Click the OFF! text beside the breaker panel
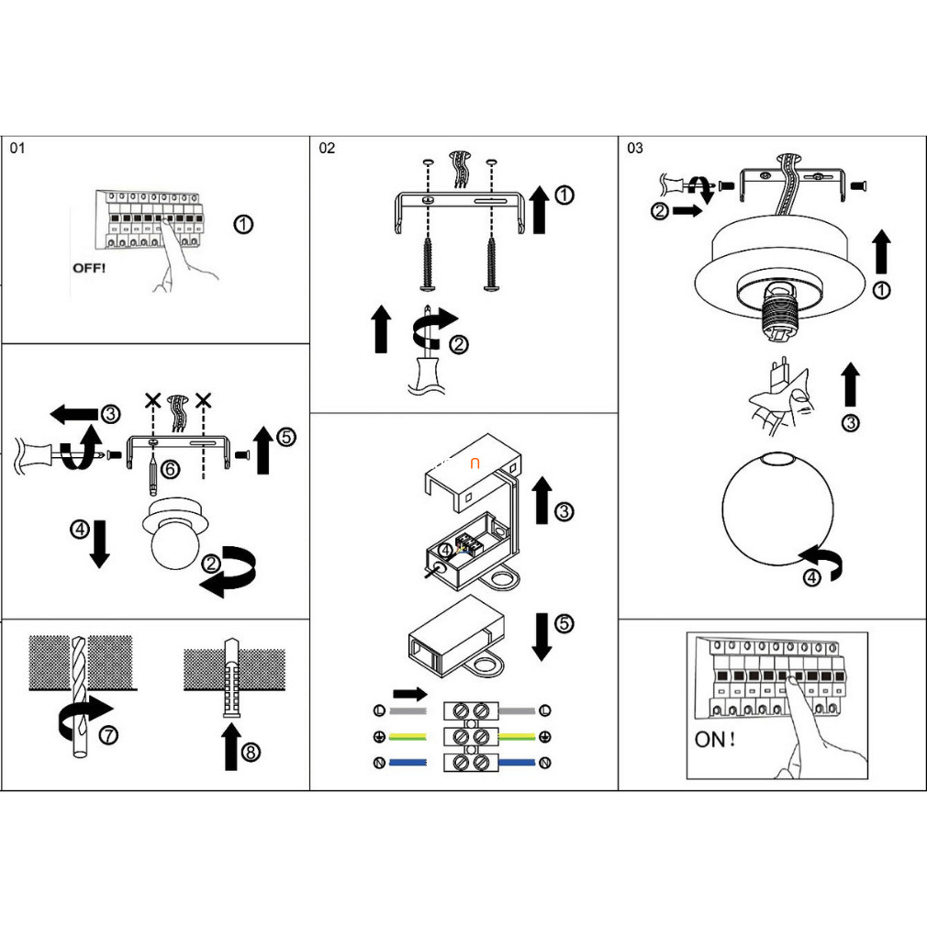(x=90, y=268)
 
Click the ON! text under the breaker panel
(x=715, y=740)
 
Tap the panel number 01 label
(x=19, y=148)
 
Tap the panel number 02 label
(x=328, y=148)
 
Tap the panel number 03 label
(x=635, y=148)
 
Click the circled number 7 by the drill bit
(x=108, y=735)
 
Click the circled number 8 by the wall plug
(x=250, y=752)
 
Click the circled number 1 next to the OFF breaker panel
(x=242, y=225)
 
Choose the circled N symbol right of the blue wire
(x=545, y=763)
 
